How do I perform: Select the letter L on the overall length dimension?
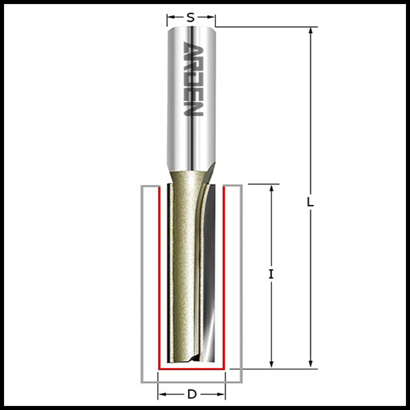coord(310,203)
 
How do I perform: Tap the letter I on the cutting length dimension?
coord(271,275)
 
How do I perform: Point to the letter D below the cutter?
coord(192,394)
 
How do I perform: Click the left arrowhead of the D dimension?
coord(162,394)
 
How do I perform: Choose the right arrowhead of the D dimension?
coord(222,394)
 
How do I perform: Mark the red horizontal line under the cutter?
coord(192,368)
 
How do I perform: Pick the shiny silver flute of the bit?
coord(215,273)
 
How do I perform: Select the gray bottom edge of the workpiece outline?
coord(192,381)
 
